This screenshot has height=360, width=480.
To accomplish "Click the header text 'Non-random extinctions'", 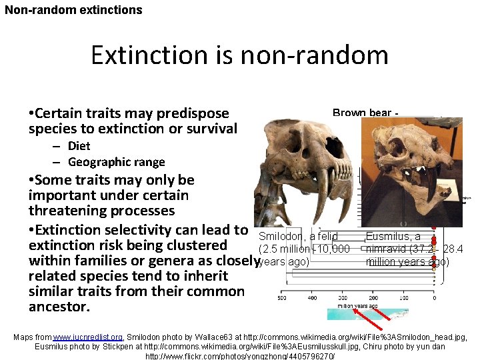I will (73, 10).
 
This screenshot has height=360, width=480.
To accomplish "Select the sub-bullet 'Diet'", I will (79, 146).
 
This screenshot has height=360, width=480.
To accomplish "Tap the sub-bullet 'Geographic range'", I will (116, 162).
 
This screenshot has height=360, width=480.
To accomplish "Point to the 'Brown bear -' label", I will (365, 113).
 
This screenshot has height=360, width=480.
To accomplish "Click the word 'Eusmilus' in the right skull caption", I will (388, 237).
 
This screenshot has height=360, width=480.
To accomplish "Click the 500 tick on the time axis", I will (282, 298).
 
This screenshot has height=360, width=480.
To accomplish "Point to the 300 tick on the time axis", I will (343, 298).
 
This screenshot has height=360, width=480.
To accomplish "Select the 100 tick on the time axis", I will (404, 298).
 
